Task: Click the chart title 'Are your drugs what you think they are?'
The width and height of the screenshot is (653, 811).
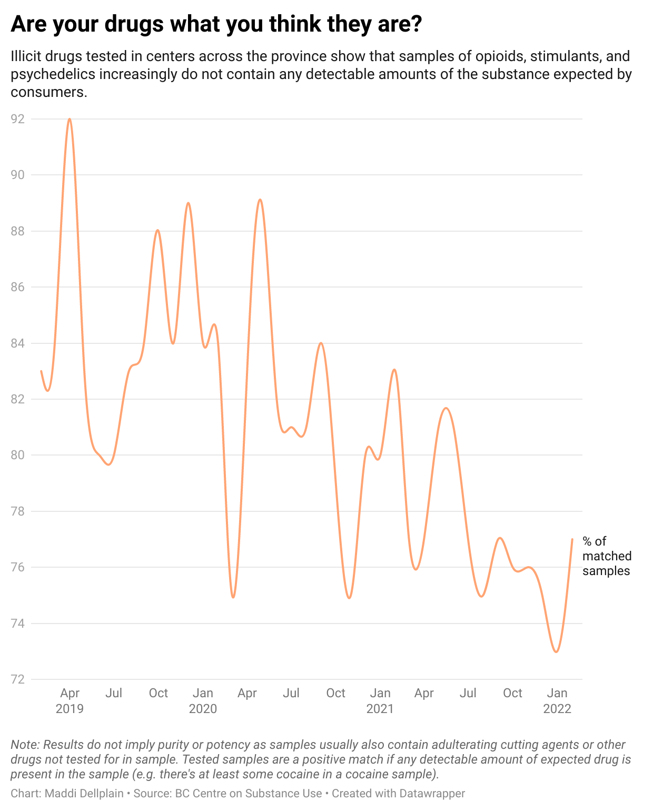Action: (216, 24)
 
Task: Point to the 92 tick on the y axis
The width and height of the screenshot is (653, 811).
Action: (17, 119)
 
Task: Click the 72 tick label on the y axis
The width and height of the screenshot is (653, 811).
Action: (17, 679)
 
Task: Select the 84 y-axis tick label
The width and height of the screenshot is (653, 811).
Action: (17, 343)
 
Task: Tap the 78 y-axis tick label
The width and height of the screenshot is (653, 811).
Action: (17, 511)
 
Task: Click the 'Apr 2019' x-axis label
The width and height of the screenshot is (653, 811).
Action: (70, 700)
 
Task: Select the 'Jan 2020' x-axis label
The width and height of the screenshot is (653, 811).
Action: (203, 700)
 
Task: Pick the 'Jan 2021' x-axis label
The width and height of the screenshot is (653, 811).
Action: (380, 700)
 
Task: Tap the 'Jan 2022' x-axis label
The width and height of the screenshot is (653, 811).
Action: (557, 700)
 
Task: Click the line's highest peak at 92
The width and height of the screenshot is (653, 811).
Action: (70, 119)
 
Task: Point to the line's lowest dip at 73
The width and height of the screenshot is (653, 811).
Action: (556, 652)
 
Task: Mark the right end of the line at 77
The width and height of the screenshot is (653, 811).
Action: (572, 539)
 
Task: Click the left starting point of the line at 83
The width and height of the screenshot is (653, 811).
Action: (41, 371)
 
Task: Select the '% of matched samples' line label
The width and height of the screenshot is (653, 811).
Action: (606, 556)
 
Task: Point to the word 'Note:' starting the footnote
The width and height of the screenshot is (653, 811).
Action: (25, 745)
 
